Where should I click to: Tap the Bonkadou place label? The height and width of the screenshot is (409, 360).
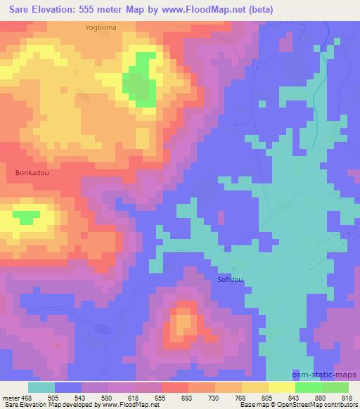tap(31, 171)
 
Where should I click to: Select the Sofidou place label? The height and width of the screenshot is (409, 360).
tap(229, 280)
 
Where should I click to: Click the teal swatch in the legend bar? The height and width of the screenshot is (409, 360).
tap(41, 387)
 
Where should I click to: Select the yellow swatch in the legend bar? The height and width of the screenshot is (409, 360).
tap(281, 387)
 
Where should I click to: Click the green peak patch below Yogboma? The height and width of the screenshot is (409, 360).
tap(140, 81)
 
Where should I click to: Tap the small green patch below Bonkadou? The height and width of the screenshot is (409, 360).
tap(27, 217)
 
